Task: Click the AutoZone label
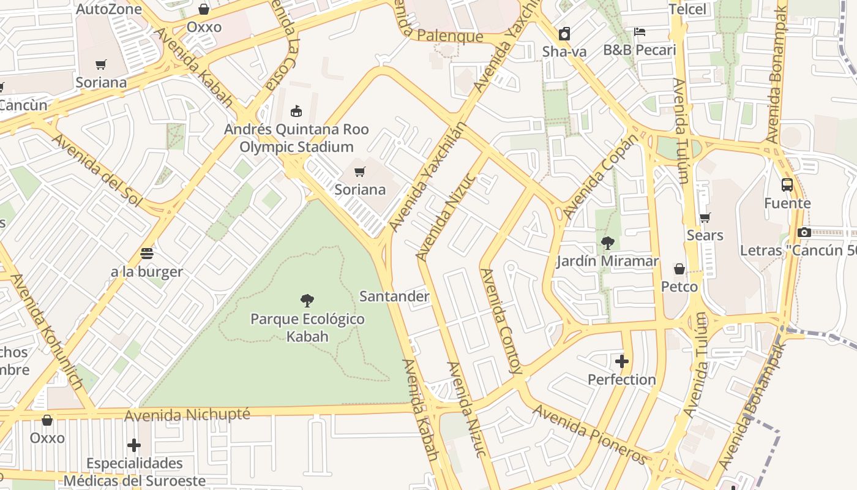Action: point(109,9)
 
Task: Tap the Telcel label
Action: point(687,9)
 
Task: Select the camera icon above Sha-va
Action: point(564,34)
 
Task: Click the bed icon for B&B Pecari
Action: point(640,31)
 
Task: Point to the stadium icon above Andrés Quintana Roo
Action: point(296,111)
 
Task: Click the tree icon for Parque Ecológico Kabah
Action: point(307,300)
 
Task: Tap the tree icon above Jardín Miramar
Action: point(607,243)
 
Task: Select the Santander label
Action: point(394,296)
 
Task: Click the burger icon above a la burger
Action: point(146,253)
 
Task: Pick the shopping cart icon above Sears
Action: point(705,217)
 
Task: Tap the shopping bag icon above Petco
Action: point(679,268)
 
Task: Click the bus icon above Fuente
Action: point(787,184)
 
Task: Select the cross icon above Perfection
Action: point(622,361)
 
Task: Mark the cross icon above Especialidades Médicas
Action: point(134,445)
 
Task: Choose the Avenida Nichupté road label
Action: point(187,415)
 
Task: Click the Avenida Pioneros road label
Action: point(591,434)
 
